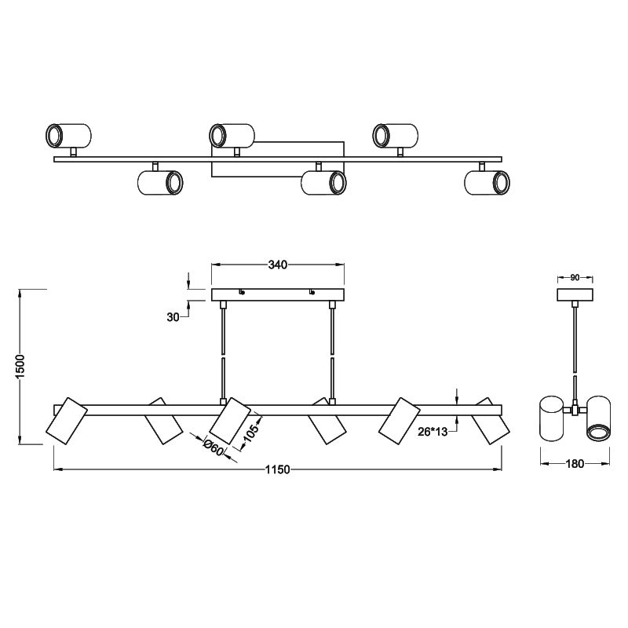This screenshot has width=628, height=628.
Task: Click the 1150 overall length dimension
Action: click(x=278, y=469)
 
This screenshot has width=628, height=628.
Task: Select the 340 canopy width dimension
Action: click(x=278, y=265)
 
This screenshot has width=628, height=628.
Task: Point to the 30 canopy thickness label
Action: click(x=173, y=317)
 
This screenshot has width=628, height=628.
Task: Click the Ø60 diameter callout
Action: click(x=214, y=447)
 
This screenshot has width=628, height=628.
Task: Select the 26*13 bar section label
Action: click(x=433, y=432)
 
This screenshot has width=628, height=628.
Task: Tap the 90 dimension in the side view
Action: click(x=575, y=277)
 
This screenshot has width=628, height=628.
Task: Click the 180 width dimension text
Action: click(x=575, y=464)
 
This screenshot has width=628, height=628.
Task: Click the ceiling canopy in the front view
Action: click(x=278, y=295)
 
